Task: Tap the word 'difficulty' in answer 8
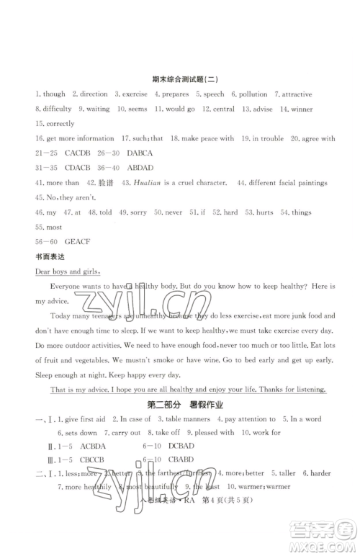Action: (x=57, y=109)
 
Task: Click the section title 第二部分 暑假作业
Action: (x=180, y=404)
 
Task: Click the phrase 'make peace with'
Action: (x=207, y=139)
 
